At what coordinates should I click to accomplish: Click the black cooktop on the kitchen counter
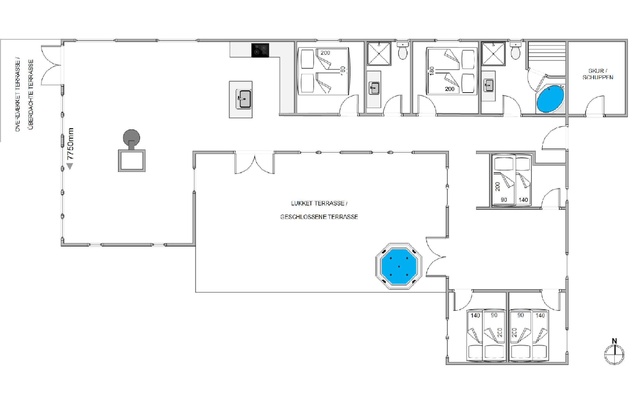[260, 50]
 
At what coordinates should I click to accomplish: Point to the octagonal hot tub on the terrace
[399, 266]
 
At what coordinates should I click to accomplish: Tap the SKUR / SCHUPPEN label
[598, 74]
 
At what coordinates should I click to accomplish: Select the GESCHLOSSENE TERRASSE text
[319, 217]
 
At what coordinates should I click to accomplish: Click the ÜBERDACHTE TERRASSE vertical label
[31, 95]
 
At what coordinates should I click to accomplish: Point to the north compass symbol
[614, 352]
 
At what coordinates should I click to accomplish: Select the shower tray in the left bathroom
[379, 53]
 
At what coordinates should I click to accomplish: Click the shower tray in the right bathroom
[493, 53]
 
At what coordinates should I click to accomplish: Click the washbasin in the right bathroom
[489, 85]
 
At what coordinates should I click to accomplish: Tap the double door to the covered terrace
[52, 65]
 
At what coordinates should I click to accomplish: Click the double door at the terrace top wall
[254, 163]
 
